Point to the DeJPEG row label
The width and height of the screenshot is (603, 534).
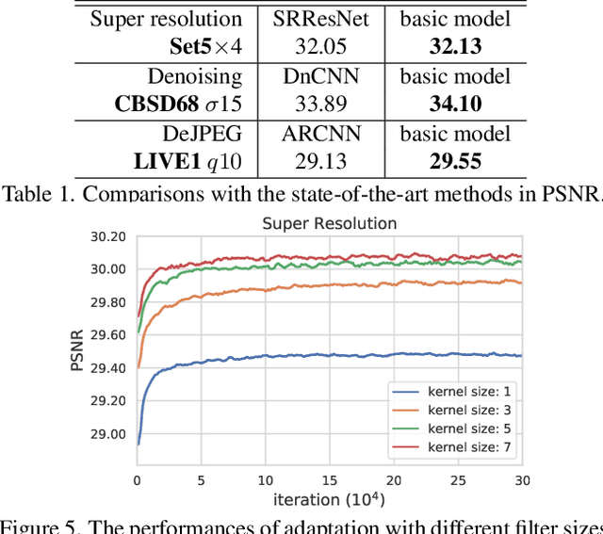pos(199,135)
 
